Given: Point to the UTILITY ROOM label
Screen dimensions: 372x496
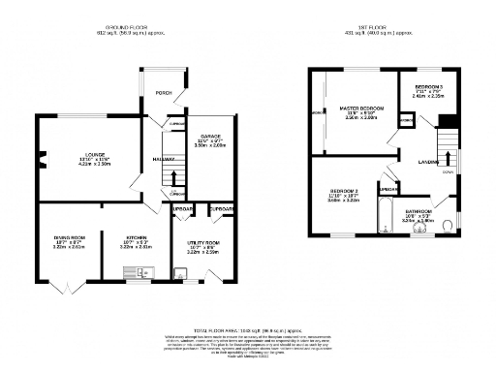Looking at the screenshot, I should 203,242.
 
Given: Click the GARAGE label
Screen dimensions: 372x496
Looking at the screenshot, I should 211,136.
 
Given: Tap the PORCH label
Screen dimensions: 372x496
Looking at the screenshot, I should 164,93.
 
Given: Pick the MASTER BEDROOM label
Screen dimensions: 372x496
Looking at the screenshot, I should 360,108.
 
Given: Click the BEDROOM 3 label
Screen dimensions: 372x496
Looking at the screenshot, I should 427,86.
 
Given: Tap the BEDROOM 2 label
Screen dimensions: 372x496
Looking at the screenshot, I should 345,191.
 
